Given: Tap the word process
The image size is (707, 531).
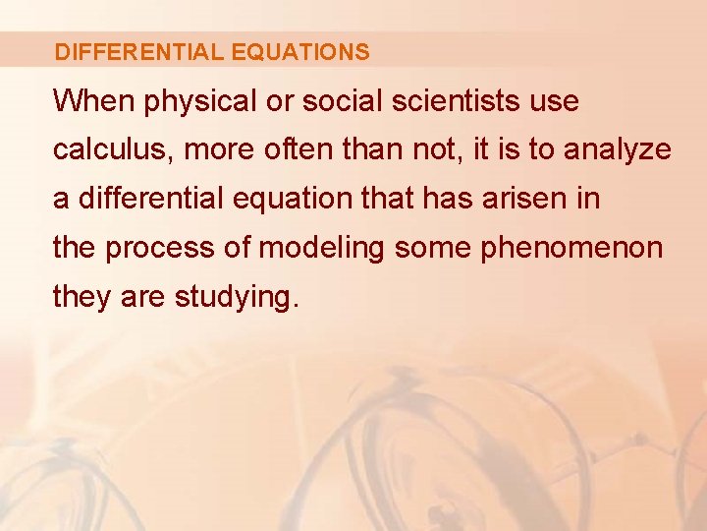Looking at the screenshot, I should pyautogui.click(x=160, y=249).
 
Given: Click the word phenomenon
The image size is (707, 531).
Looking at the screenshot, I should pyautogui.click(x=571, y=249).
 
